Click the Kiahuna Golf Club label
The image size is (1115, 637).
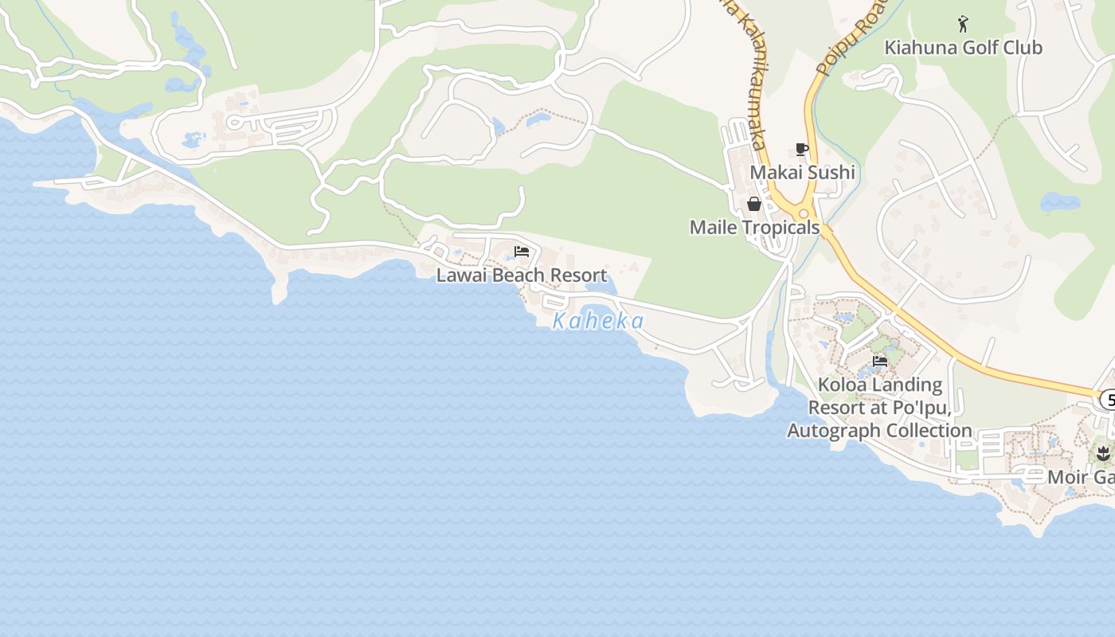click(x=963, y=48)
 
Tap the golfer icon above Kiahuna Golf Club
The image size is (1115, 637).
click(x=963, y=24)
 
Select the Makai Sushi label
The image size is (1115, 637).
click(x=802, y=173)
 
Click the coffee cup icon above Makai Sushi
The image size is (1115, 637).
click(x=802, y=149)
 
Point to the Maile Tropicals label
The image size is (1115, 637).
click(x=754, y=228)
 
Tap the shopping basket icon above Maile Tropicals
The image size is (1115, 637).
click(x=754, y=205)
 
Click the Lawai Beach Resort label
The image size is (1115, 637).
click(x=522, y=276)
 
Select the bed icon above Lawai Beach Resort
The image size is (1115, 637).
click(x=522, y=252)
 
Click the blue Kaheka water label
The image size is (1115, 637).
click(x=598, y=322)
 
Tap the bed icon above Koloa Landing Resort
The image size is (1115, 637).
click(x=880, y=361)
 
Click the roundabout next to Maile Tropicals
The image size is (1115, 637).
click(x=804, y=213)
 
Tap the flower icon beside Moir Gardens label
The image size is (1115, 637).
click(x=1103, y=454)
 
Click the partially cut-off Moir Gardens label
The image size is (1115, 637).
click(x=1081, y=478)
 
